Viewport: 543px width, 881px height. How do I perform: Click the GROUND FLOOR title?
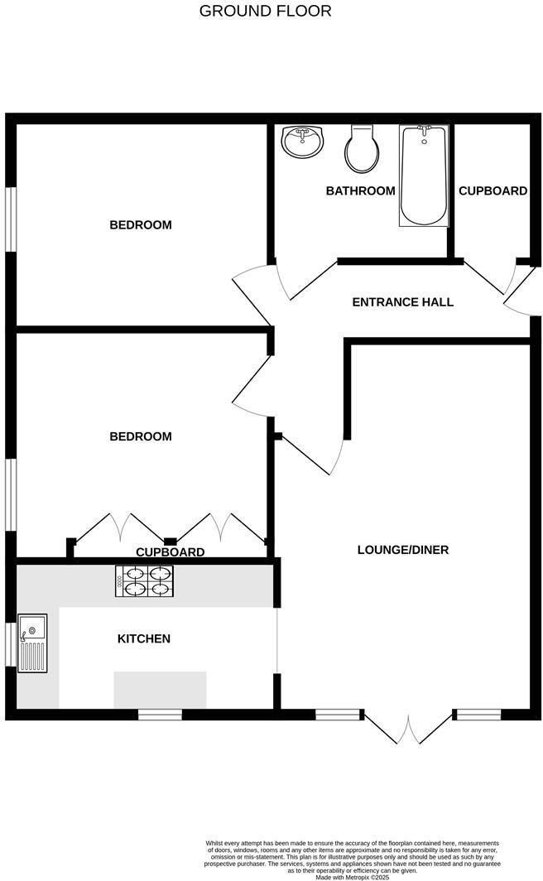[266, 11]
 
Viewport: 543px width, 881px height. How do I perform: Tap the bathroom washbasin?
[301, 142]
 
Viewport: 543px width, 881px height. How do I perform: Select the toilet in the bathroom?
[362, 149]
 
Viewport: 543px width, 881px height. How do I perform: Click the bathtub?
[424, 176]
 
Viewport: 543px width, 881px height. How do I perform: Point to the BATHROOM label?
[360, 191]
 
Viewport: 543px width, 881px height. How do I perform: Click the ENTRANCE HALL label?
[402, 302]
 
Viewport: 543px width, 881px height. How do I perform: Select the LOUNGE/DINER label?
[402, 550]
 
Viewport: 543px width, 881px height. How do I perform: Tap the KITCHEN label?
[144, 638]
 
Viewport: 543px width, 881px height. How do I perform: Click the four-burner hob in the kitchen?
[145, 580]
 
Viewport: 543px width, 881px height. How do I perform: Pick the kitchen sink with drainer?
[32, 643]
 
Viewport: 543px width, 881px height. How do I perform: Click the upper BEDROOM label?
[141, 225]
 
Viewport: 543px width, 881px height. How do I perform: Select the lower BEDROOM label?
[141, 436]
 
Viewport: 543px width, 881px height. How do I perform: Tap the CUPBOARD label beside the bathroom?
[493, 191]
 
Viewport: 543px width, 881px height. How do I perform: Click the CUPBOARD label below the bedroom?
[170, 552]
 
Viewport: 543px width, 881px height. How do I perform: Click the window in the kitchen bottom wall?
[159, 715]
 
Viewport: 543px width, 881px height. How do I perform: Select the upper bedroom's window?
[11, 218]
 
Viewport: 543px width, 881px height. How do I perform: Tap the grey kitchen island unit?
[160, 690]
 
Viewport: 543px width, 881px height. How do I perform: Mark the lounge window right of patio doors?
[478, 714]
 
